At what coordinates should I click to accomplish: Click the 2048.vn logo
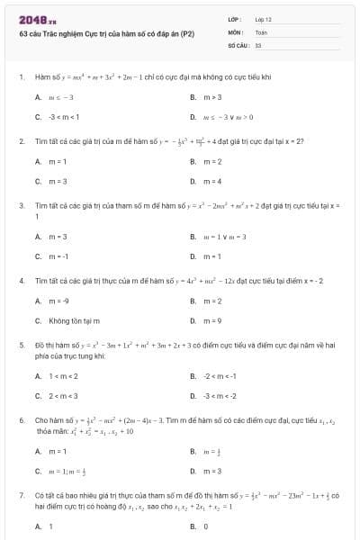coord(37,19)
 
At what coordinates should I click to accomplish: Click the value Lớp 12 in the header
coord(263,19)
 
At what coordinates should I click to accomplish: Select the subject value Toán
coord(261,31)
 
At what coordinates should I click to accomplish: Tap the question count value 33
coord(258,44)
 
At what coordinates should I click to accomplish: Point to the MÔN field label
coord(236,31)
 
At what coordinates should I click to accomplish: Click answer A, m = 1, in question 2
coord(58,162)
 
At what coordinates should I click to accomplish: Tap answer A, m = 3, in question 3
coord(58,237)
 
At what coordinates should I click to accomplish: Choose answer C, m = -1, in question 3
coord(58,256)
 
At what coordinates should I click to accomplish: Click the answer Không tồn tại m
coord(74,321)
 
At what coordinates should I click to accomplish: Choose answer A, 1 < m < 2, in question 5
coord(63,376)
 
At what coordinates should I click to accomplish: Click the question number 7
coord(21,495)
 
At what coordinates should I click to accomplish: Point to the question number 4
coord(21,281)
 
